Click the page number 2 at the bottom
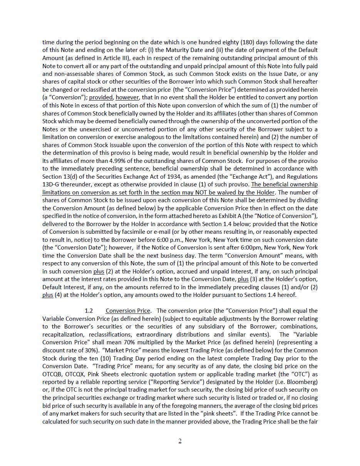tap(180, 441)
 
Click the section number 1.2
tap(89, 311)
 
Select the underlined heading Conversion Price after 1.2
tap(128, 311)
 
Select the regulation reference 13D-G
tap(52, 184)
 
